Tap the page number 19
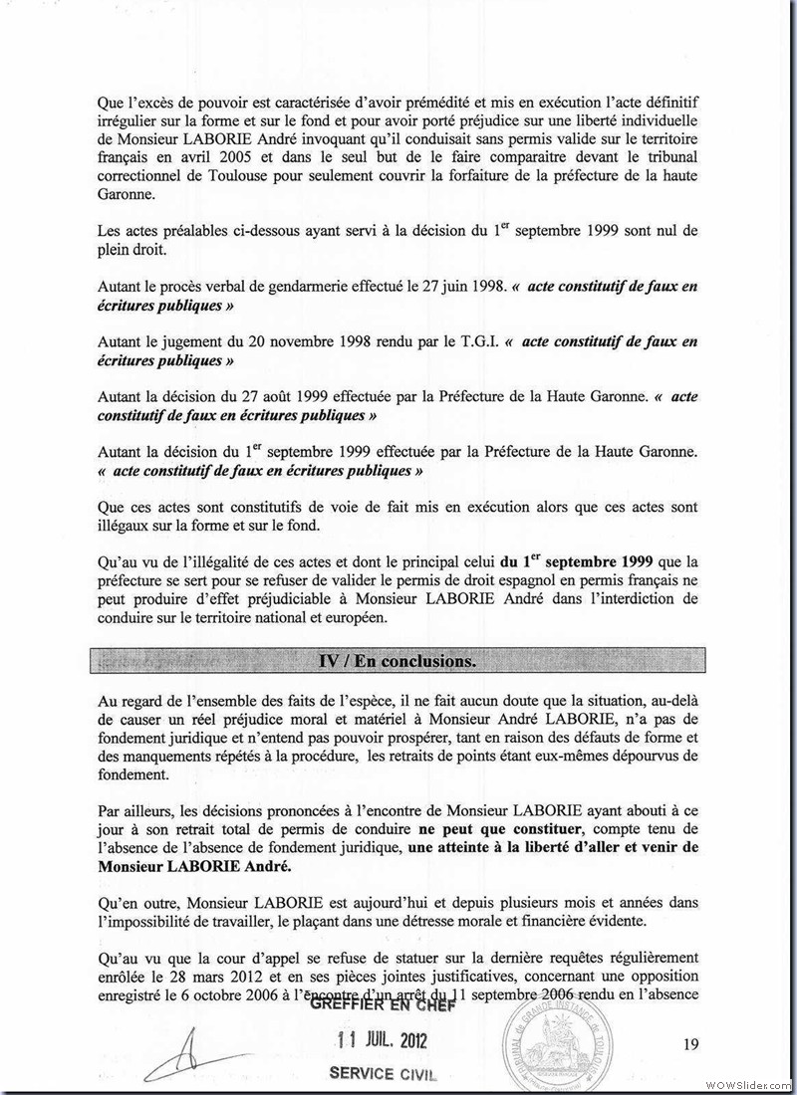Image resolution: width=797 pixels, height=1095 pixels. point(691,1044)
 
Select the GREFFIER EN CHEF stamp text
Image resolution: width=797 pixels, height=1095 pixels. point(383,1006)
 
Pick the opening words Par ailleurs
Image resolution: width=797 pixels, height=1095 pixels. point(133,811)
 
